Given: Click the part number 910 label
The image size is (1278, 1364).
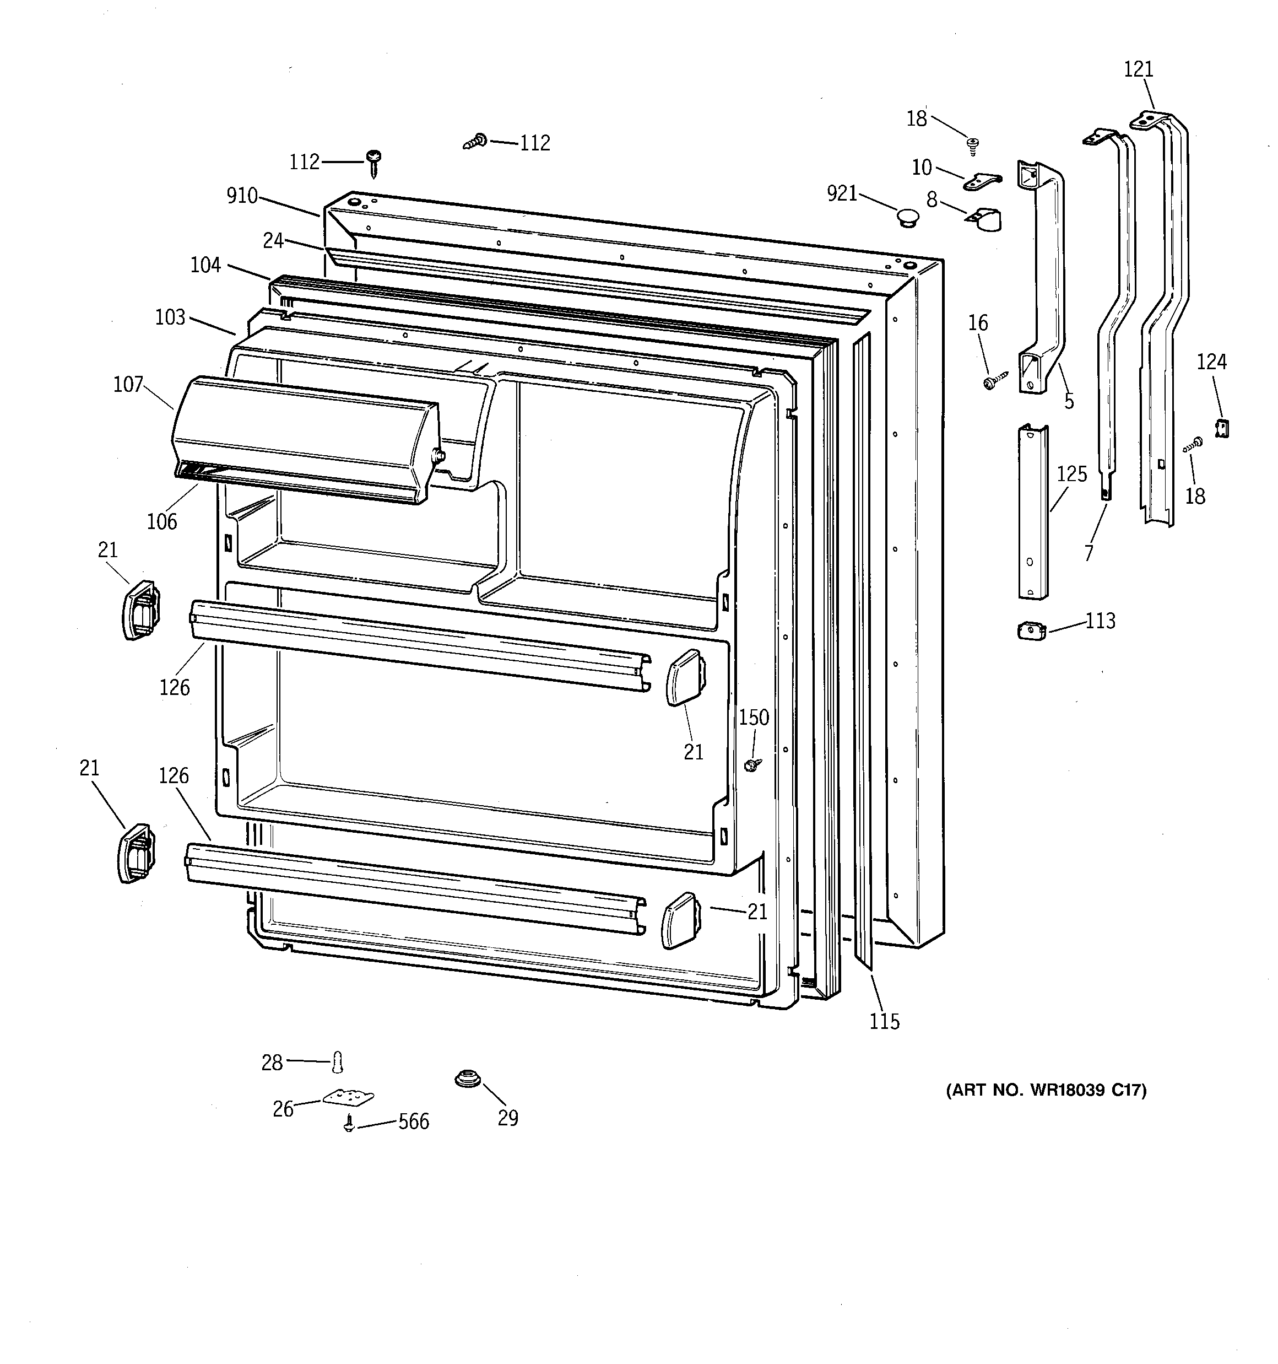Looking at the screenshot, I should click(241, 196).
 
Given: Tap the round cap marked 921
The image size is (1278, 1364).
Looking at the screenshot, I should click(909, 218).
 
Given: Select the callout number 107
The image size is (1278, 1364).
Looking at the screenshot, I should click(128, 384).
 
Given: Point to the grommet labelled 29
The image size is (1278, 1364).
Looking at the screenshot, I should click(467, 1079).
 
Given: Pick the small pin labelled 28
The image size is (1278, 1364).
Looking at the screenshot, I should click(337, 1062).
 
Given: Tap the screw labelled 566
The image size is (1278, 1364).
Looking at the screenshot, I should click(349, 1124).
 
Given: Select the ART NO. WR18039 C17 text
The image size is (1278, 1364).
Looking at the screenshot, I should click(1046, 1090).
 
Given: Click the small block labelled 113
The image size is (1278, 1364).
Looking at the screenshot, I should click(1031, 630).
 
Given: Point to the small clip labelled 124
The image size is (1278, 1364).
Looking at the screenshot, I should click(1222, 428).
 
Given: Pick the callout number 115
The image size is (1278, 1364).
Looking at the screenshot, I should click(884, 1022).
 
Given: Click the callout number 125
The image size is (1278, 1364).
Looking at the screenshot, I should click(1071, 474).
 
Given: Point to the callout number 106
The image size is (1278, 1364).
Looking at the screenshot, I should click(162, 521).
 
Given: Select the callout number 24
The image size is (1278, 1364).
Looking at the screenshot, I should click(273, 240).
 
